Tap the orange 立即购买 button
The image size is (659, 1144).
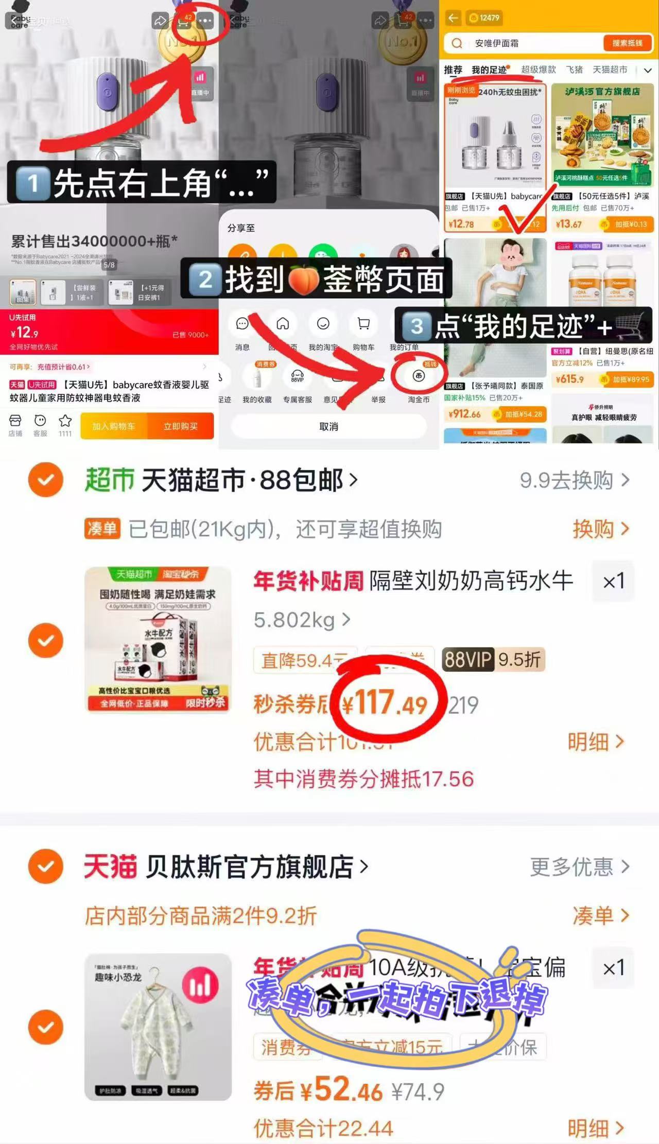coord(180,426)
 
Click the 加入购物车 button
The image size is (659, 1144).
coord(114,426)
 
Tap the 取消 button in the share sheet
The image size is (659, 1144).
coord(328,426)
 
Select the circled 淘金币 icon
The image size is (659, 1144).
coord(419,376)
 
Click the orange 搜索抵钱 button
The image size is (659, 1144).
coord(627,43)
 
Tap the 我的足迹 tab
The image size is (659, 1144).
coord(489,70)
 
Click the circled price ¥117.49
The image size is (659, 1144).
coord(385,703)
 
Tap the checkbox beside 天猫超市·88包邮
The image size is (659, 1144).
coord(46,480)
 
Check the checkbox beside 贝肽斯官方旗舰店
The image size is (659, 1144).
coord(46,866)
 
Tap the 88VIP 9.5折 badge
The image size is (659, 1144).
coord(493,660)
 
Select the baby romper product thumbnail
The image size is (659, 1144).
coord(158,1027)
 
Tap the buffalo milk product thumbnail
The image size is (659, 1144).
coord(158,639)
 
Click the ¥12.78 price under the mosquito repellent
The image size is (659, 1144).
coord(461,224)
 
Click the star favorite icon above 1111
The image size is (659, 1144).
coord(65,421)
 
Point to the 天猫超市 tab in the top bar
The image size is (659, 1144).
coord(610,70)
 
